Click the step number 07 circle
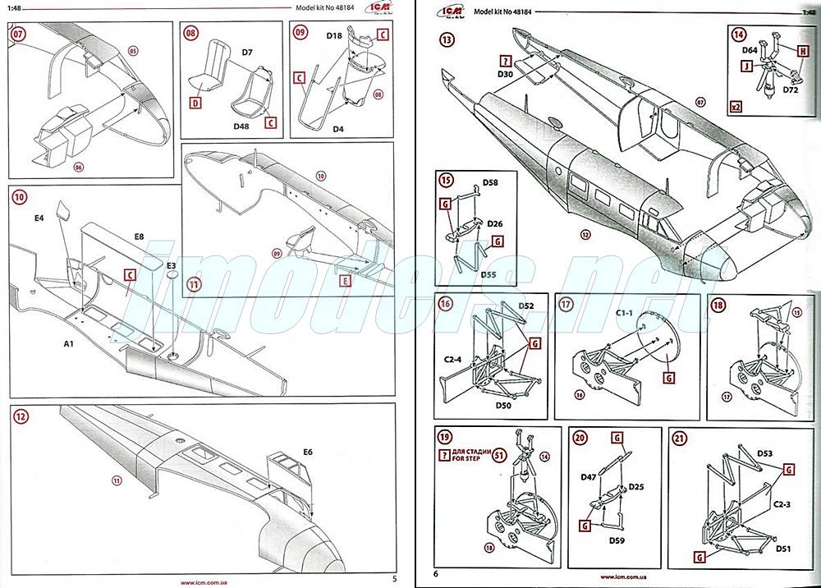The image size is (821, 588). [18, 35]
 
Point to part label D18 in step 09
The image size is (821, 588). [333, 36]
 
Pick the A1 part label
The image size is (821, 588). [70, 343]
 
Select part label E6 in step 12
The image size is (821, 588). [308, 451]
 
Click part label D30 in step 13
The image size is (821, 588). [505, 75]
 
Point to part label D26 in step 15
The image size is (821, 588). [494, 223]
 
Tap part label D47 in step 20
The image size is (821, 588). [589, 476]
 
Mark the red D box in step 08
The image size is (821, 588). [195, 103]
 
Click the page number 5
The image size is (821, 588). [395, 578]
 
